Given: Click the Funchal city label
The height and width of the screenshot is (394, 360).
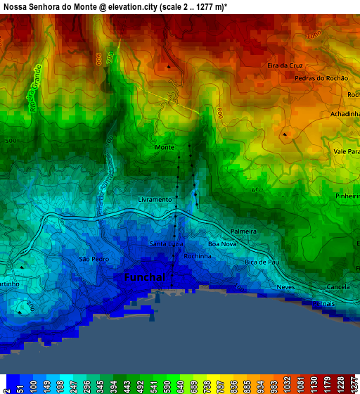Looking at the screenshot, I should (x=145, y=278).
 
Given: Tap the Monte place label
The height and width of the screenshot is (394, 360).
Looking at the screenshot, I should (x=164, y=147).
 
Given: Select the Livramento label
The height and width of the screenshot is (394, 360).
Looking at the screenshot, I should (x=155, y=199).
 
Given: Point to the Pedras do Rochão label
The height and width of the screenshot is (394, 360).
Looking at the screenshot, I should (x=321, y=78).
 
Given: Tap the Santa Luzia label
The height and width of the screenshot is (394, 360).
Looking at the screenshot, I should (x=167, y=243).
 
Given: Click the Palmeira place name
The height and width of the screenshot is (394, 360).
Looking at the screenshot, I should (x=244, y=231).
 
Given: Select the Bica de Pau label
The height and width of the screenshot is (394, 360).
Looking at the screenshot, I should (x=257, y=262).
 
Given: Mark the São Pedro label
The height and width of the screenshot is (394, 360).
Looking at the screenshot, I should (x=94, y=259).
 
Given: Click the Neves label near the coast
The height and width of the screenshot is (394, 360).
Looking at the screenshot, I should (x=285, y=287).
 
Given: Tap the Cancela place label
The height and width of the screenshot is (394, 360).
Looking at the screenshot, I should (x=338, y=287).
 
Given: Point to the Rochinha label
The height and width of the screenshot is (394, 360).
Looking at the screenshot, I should (x=198, y=257).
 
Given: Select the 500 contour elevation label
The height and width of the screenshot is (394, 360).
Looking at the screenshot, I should (x=10, y=141).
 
